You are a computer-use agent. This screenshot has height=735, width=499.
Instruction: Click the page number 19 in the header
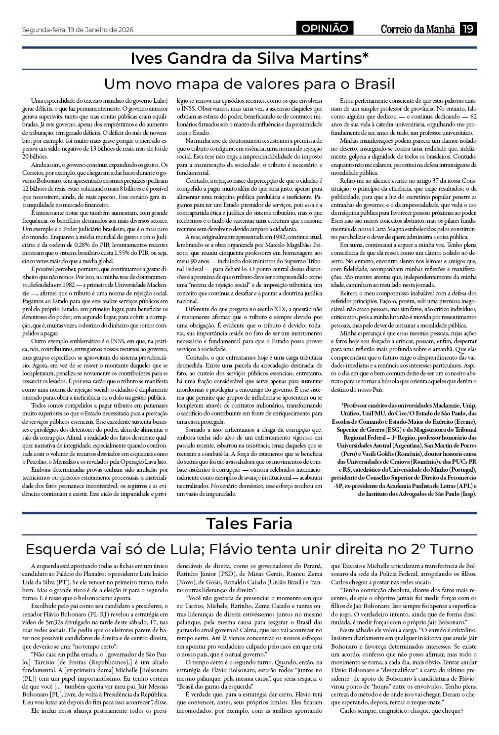click(468, 29)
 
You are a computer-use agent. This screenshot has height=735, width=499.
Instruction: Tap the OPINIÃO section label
click(325, 29)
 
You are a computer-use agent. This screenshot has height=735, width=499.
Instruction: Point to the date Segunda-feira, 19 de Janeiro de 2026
click(78, 30)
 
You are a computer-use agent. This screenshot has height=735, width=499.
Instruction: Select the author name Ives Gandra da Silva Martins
click(249, 58)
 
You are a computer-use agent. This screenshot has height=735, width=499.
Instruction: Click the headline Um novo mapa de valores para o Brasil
click(249, 83)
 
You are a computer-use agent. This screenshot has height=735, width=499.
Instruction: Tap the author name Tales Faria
click(249, 523)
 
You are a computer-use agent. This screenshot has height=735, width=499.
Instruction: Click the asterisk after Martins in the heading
click(366, 56)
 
